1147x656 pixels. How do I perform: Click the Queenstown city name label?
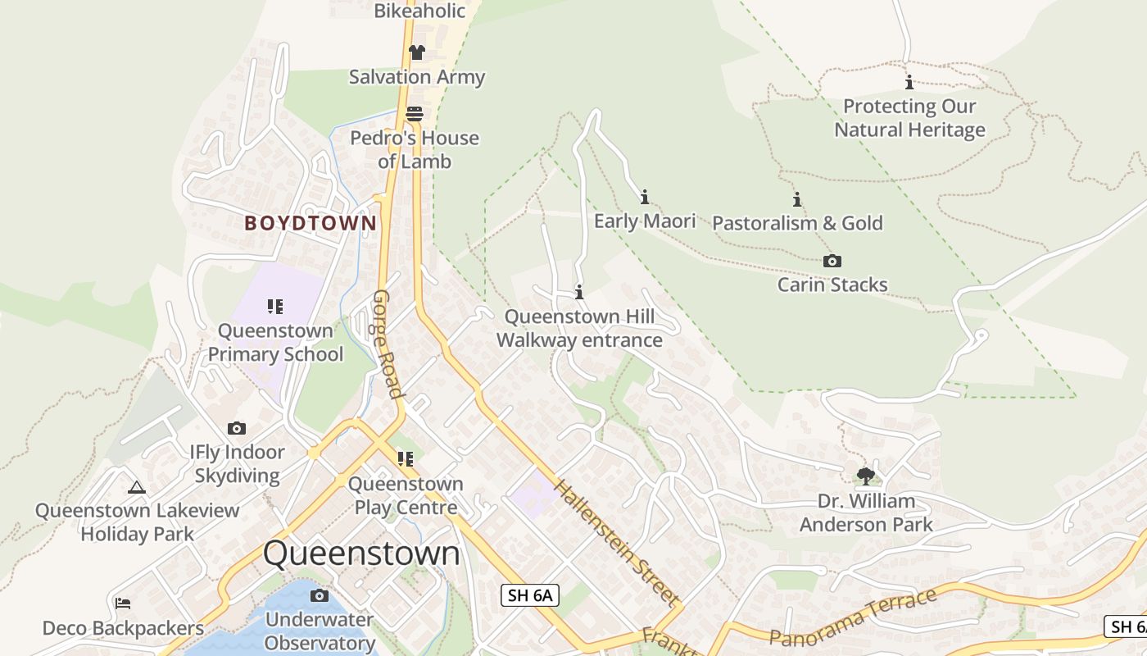(361, 553)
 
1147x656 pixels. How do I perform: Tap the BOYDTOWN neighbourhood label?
(311, 223)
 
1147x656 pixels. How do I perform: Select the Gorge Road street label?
(388, 344)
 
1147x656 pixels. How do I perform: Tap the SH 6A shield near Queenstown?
(530, 595)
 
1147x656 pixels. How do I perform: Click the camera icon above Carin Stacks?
(832, 262)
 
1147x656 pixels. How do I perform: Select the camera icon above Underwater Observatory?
(320, 595)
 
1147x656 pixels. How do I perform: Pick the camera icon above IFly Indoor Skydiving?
(237, 428)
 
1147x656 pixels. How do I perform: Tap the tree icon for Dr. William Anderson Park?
(865, 476)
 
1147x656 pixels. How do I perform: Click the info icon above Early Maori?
(645, 197)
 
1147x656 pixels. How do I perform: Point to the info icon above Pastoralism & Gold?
(797, 199)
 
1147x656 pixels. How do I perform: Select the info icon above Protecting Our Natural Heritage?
(909, 82)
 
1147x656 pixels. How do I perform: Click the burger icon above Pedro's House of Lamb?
(415, 114)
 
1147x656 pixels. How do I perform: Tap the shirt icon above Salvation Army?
(417, 52)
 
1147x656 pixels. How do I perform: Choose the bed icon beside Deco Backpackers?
(123, 604)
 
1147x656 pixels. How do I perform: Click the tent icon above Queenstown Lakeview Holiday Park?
(137, 487)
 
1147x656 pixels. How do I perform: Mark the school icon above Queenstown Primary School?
(275, 307)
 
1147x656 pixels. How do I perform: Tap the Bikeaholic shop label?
(419, 11)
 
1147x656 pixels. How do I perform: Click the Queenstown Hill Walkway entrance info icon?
(579, 292)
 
